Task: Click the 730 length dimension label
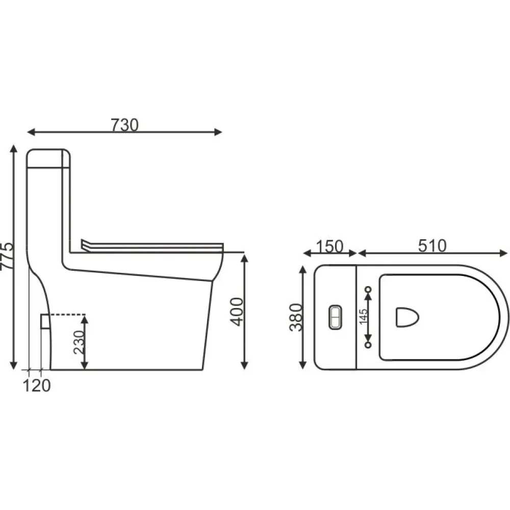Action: tap(125, 125)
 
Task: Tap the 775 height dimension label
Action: tap(7, 256)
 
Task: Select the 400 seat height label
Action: tap(237, 312)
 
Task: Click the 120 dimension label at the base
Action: tap(37, 386)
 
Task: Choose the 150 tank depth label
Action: tap(329, 246)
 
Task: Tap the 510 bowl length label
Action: tap(432, 246)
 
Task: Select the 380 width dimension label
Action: tap(296, 317)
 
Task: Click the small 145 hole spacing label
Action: tap(364, 317)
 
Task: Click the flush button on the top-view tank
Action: tap(335, 317)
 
